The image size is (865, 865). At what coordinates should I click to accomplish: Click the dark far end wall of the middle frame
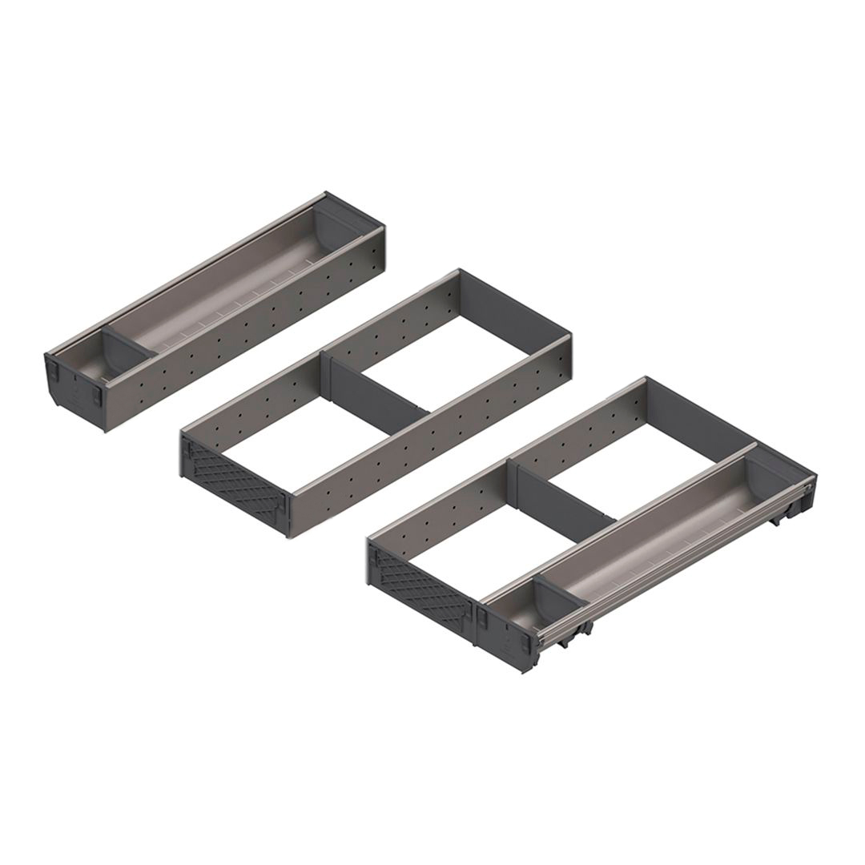click(517, 308)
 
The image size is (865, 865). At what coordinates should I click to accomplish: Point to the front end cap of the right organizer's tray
click(505, 633)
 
